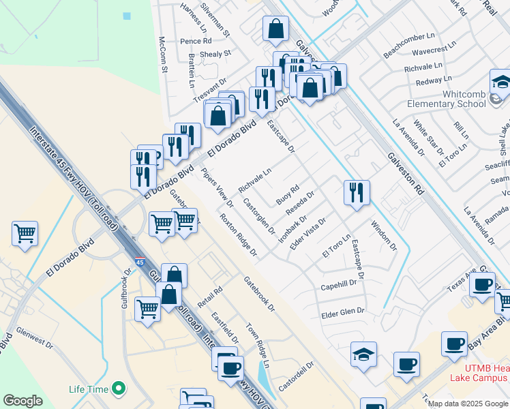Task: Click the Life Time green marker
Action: [119, 389]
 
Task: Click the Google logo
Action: [22, 401]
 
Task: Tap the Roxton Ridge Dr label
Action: [238, 235]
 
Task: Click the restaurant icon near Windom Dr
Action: [357, 192]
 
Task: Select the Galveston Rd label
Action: [405, 174]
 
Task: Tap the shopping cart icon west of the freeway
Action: [25, 234]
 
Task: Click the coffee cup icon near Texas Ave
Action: [482, 284]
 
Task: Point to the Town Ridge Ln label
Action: [258, 345]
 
